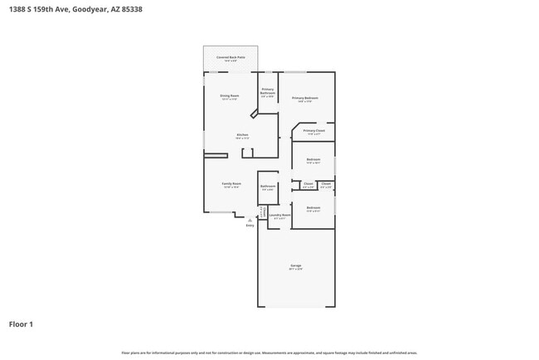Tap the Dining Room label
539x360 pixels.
pos(230,96)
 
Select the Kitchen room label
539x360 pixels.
pos(242,134)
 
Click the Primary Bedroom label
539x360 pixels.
pos(304,98)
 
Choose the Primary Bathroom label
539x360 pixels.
pos(268,91)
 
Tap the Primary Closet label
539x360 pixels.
pos(313,130)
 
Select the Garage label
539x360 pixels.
pos(295,265)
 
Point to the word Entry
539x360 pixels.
pos(250,225)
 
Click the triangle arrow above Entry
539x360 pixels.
pos(250,220)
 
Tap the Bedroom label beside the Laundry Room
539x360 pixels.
pos(313,207)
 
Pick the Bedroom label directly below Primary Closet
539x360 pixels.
pos(313,159)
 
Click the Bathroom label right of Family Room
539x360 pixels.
pos(268,186)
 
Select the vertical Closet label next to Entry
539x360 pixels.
pos(264,212)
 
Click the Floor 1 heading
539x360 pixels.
pos(22,324)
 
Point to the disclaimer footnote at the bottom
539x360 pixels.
pos(269,353)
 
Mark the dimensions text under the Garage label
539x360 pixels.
pos(295,270)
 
